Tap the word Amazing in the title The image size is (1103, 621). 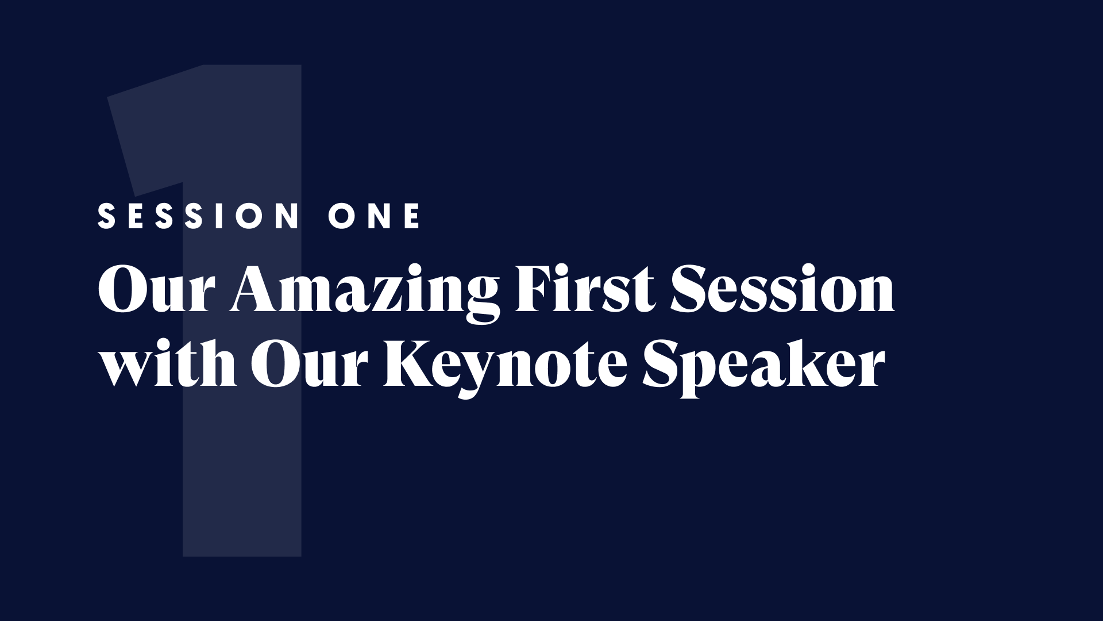(365, 290)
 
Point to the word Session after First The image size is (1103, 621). (782, 287)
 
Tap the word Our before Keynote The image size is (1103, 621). (310, 362)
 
